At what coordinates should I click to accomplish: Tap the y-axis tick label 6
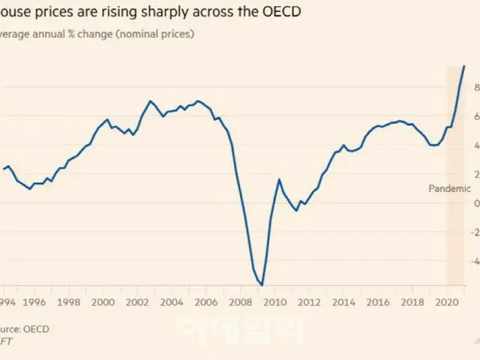(x=475, y=116)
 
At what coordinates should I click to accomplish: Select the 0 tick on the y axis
(x=475, y=203)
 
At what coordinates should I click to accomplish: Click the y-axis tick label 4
(x=475, y=145)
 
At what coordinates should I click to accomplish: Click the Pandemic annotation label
(x=449, y=189)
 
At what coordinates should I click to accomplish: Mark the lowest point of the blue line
(x=262, y=285)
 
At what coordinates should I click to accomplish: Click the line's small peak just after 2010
(x=279, y=179)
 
